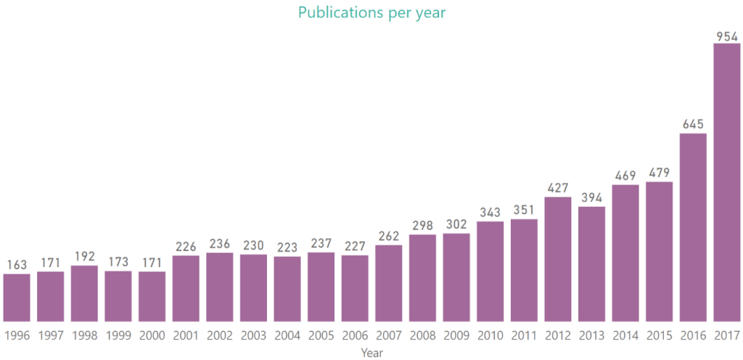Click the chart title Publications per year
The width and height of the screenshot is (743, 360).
pos(371,12)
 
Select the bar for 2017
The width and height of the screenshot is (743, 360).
pos(726,182)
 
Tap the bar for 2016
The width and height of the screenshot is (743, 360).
pos(693,227)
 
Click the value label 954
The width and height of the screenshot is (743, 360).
pos(726,36)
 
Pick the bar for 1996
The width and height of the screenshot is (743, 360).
pos(17,298)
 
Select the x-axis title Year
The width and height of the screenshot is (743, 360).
pos(371,353)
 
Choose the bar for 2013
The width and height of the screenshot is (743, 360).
pos(591,264)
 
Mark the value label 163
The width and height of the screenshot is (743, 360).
pos(17,266)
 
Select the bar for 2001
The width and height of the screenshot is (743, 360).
pos(186,288)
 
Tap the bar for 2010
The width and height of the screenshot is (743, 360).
pos(490,271)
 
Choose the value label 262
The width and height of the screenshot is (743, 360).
pos(388,237)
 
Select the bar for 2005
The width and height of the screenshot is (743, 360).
pos(321,287)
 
